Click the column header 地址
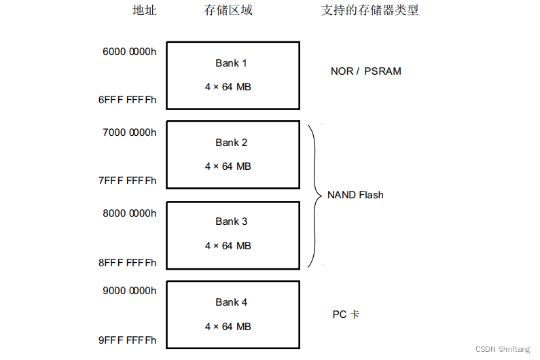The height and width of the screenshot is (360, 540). tap(144, 11)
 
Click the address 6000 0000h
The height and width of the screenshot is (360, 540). tap(129, 52)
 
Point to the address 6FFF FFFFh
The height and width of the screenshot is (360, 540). tap(127, 100)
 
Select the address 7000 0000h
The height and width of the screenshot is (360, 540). tap(129, 132)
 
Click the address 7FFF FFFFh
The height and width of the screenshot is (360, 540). tap(127, 181)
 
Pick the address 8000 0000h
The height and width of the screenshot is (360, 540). tap(129, 213)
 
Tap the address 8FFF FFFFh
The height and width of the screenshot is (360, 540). tap(127, 263)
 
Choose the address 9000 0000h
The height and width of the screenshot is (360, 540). tap(129, 290)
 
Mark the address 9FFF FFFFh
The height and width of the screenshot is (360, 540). tap(127, 340)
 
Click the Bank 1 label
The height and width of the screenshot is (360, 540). tap(231, 63)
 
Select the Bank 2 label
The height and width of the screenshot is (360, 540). tap(231, 143)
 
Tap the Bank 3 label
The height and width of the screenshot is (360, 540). tap(231, 221)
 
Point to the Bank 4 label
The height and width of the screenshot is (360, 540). tap(231, 302)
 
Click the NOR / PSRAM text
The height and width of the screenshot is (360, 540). tap(365, 71)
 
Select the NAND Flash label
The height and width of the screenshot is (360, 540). tap(355, 195)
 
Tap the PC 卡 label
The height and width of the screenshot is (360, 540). tap(345, 314)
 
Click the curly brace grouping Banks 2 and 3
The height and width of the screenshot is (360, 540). tap(316, 196)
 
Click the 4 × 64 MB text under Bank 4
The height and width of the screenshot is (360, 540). tap(228, 327)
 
